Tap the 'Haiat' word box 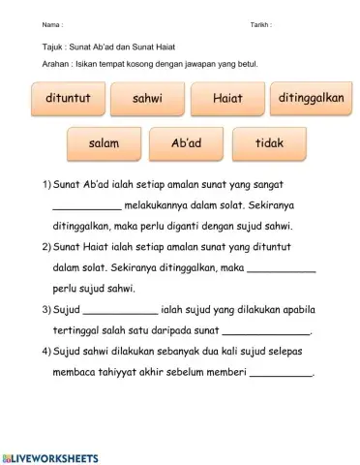[226, 99]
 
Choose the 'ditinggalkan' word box [311, 99]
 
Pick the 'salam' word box [104, 143]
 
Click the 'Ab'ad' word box [186, 143]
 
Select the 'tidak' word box [268, 143]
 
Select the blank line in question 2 [282, 270]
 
